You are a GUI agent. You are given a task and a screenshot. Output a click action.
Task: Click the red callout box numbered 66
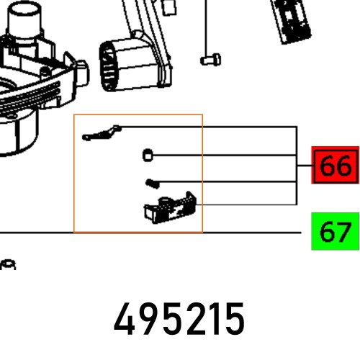335,165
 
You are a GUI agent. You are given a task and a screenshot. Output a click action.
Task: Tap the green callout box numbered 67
335,231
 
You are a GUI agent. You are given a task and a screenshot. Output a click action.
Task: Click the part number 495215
179,319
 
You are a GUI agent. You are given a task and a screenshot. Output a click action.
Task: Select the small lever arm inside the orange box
102,133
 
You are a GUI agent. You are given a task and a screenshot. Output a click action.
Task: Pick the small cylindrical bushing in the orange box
148,156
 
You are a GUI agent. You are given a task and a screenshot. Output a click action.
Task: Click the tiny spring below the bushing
153,184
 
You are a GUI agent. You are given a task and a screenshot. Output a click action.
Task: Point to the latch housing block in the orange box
170,208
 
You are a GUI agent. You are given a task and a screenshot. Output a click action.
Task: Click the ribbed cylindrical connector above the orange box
135,63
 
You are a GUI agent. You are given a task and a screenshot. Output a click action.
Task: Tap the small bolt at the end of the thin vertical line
211,60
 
